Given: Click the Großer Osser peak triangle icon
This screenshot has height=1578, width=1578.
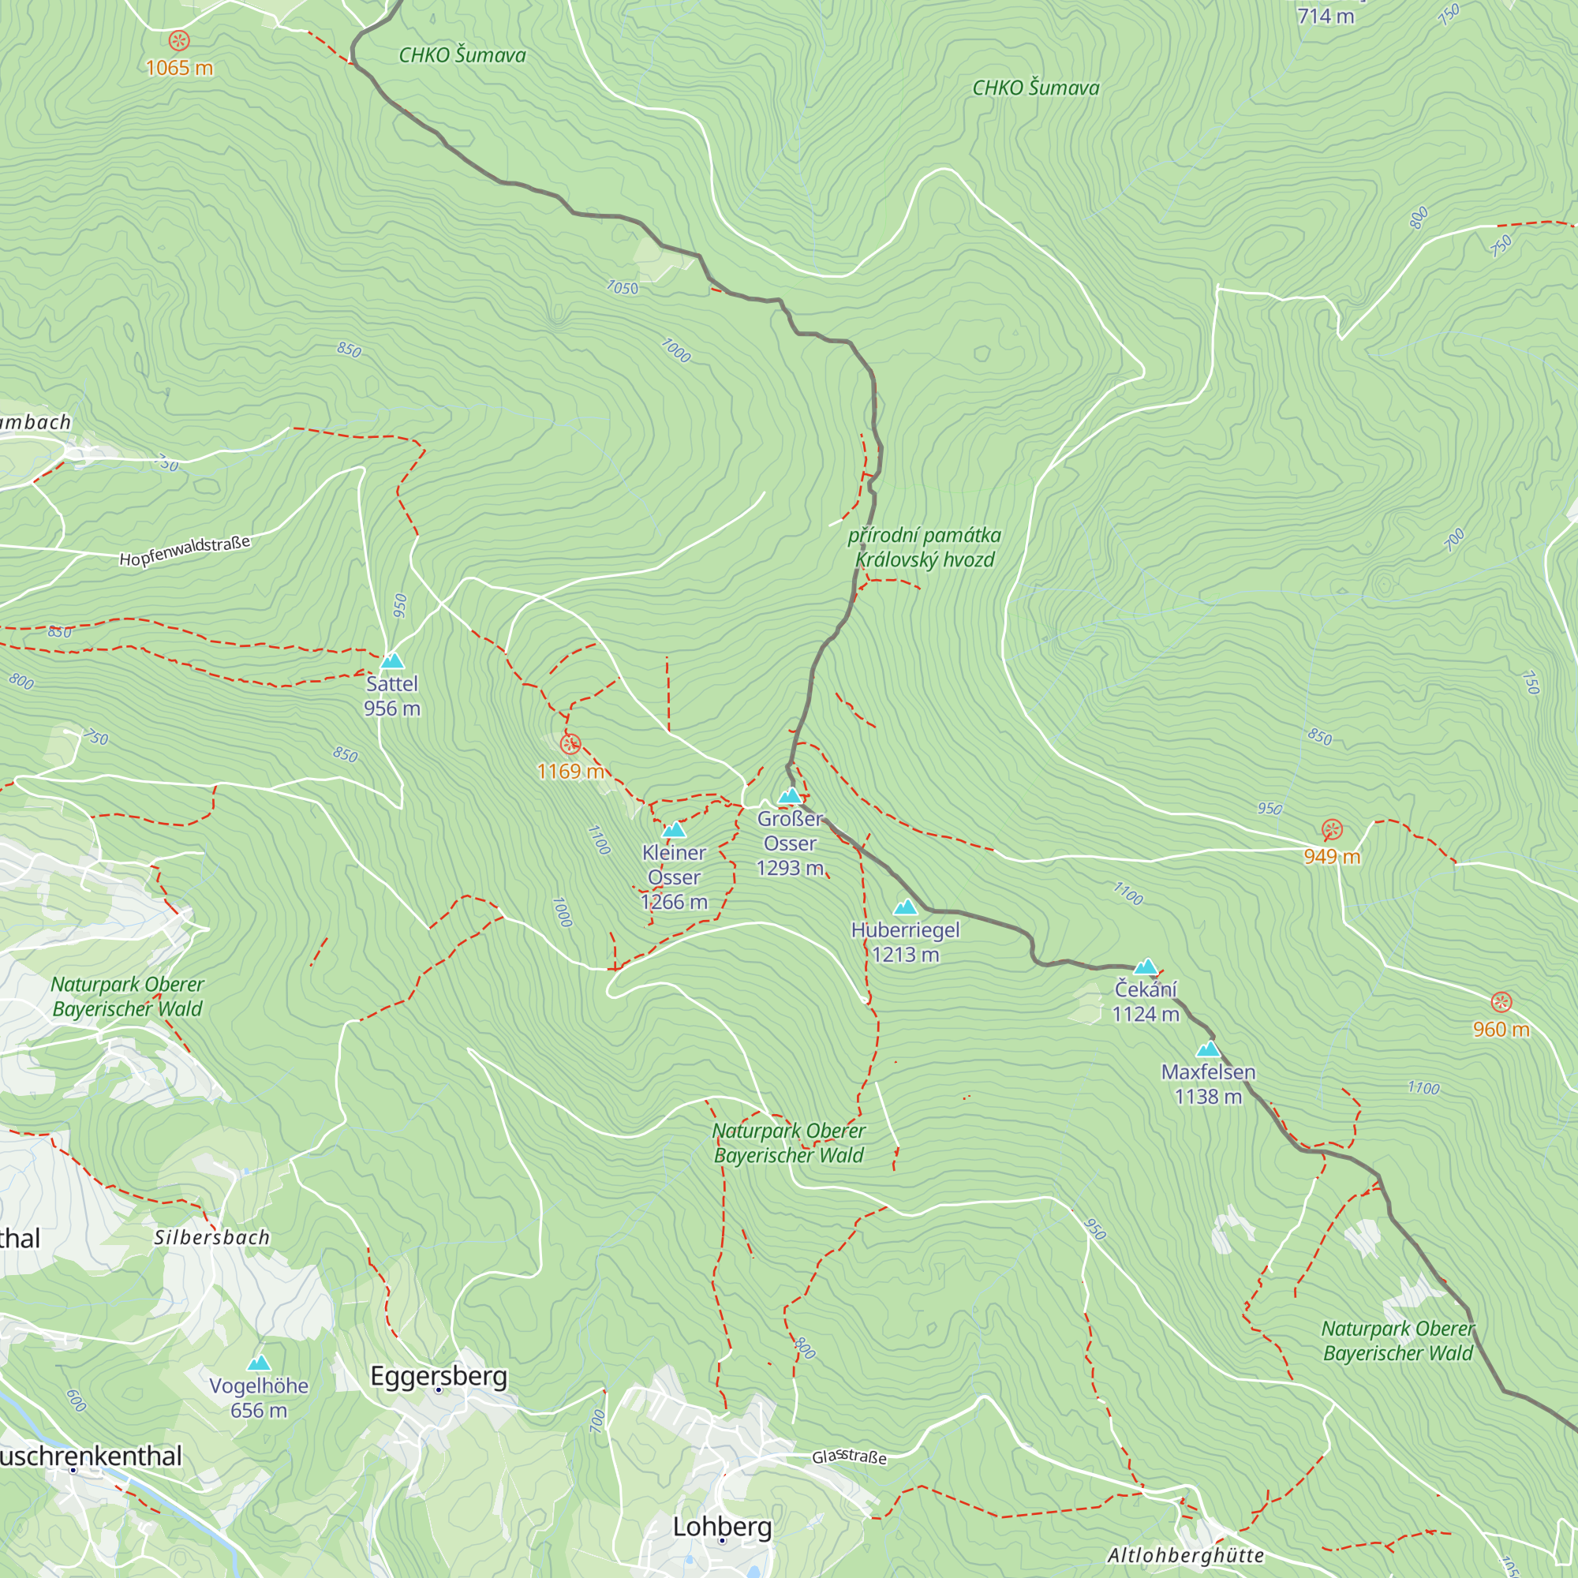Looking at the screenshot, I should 789,795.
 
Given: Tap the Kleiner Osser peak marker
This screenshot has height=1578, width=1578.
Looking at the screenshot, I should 674,830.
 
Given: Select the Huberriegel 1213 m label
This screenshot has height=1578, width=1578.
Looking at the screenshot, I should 905,942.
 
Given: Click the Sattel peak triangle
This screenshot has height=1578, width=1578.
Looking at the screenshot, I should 392,660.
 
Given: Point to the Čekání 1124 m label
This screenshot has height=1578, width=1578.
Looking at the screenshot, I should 1145,1001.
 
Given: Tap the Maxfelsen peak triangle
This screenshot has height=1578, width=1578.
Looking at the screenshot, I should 1208,1049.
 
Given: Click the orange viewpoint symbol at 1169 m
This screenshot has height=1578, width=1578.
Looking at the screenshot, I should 570,744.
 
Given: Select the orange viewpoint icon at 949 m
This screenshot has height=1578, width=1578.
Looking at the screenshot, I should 1332,830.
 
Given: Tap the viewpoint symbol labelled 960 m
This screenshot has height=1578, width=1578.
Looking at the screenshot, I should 1501,1002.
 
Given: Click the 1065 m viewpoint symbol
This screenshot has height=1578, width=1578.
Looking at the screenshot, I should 179,41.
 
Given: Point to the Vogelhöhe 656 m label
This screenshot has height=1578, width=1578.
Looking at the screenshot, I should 259,1397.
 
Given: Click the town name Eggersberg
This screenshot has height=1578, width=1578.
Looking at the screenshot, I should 439,1375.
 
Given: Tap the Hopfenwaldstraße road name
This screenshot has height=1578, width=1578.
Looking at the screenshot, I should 185,552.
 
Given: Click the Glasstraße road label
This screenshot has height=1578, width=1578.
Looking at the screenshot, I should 849,1456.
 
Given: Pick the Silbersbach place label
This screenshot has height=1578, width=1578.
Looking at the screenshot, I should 212,1237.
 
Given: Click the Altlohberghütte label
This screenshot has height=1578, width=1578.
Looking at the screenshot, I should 1185,1555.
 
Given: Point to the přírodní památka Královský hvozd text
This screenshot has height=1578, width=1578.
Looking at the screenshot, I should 925,548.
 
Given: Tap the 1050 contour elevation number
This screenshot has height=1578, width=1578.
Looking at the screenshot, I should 623,287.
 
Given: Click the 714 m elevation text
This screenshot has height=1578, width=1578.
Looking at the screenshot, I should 1325,17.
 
